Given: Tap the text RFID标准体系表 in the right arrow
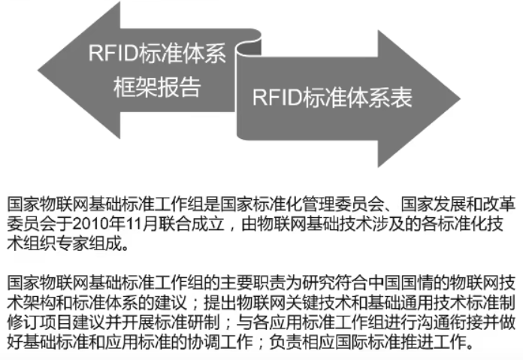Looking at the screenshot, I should [331, 97].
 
